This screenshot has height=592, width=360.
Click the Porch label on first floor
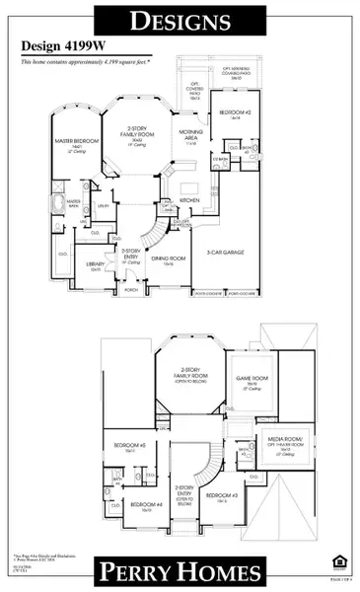tap(135, 290)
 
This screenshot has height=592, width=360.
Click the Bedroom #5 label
tap(129, 447)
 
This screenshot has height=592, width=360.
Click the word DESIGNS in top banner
tap(180, 19)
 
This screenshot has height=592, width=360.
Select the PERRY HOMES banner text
tap(180, 572)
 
